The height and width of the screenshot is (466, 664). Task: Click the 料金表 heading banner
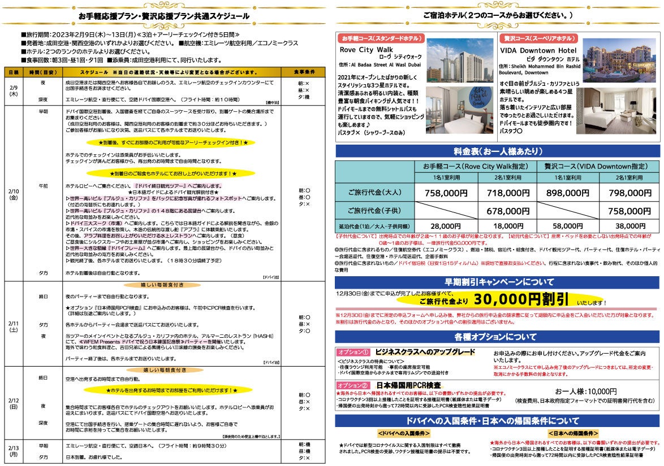(x=498, y=151)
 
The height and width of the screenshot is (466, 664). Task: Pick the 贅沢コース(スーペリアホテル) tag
(x=538, y=38)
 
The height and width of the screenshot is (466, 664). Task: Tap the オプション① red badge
(x=353, y=352)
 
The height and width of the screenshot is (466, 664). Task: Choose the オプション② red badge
(x=353, y=385)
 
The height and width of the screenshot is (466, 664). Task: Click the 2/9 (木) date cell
(x=13, y=91)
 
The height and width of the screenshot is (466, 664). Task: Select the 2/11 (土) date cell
(x=13, y=326)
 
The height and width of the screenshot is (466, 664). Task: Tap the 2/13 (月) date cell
(x=13, y=450)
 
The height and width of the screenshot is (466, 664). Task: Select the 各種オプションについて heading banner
(x=498, y=337)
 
